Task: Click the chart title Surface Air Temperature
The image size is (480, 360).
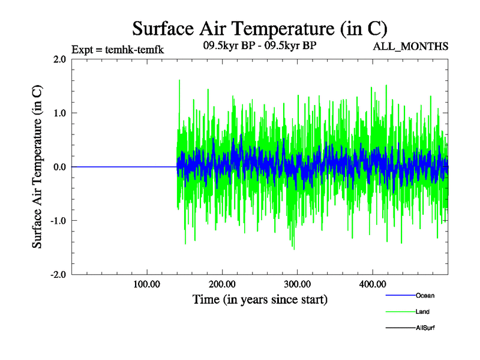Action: [259, 28]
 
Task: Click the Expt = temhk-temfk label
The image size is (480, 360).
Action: [118, 49]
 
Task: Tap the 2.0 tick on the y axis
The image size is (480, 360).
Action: [59, 59]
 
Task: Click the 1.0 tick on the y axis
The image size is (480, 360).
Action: [59, 113]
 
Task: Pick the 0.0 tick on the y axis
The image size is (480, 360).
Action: [59, 167]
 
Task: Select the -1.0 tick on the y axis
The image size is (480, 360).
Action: [58, 221]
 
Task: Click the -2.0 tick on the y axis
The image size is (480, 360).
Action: [58, 274]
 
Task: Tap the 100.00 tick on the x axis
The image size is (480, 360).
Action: [146, 284]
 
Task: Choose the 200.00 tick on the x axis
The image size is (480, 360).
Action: [222, 284]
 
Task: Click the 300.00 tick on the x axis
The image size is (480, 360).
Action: [297, 284]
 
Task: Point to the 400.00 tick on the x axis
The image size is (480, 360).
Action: [372, 284]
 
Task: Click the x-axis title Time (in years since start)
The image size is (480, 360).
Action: [260, 299]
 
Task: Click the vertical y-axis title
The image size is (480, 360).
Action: [37, 167]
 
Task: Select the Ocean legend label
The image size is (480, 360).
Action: [425, 295]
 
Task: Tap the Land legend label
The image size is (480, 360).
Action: [422, 312]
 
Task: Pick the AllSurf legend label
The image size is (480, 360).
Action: [425, 328]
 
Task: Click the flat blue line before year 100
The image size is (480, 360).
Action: [120, 167]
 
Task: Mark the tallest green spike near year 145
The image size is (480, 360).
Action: [179, 81]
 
